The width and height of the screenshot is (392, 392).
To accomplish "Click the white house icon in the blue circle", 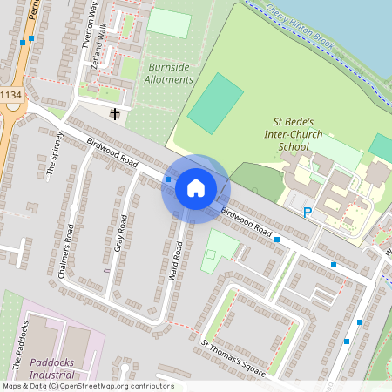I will (x=195, y=188).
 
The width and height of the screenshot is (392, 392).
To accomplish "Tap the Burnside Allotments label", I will (x=170, y=73).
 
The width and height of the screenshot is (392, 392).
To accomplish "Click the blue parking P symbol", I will (x=307, y=212).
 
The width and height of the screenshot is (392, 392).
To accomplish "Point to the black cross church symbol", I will (x=114, y=113).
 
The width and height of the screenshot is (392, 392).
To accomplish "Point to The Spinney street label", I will (x=56, y=154).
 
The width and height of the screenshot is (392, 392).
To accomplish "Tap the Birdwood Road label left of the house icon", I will (x=114, y=151).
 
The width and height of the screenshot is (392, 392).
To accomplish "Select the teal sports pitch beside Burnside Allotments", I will (x=215, y=103).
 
